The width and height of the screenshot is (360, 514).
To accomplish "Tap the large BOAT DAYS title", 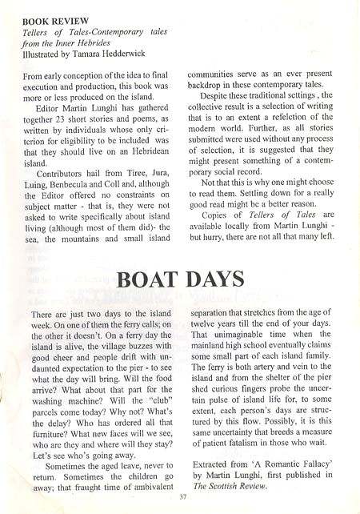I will pos(180,280).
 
